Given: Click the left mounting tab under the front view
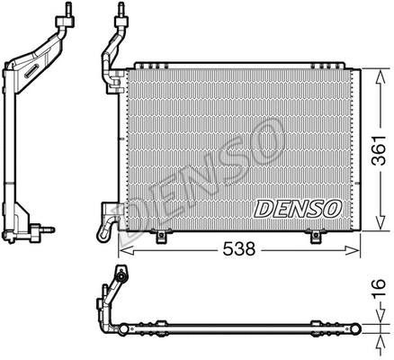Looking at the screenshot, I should pyautogui.click(x=161, y=238).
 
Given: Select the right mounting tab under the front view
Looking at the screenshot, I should pyautogui.click(x=317, y=238).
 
